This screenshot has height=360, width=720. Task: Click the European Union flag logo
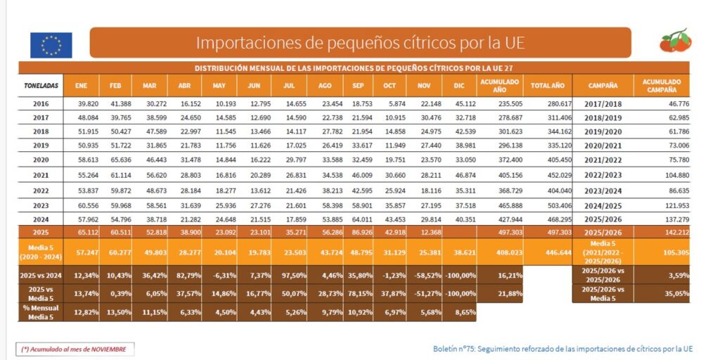pyautogui.click(x=51, y=45)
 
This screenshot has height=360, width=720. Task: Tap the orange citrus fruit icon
pyautogui.click(x=676, y=41)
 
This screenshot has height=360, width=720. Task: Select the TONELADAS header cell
pyautogui.click(x=41, y=86)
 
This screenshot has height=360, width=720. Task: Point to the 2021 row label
pyautogui.click(x=41, y=174)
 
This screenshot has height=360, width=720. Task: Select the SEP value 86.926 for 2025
pyautogui.click(x=358, y=232)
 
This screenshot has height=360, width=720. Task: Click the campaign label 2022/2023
pyautogui.click(x=603, y=174)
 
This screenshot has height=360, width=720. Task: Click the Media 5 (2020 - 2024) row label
pyautogui.click(x=41, y=252)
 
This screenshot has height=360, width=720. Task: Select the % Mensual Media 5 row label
pyautogui.click(x=41, y=313)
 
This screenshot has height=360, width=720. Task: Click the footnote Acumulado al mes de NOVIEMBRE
pyautogui.click(x=75, y=349)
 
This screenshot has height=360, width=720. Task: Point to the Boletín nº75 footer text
pyautogui.click(x=562, y=349)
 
